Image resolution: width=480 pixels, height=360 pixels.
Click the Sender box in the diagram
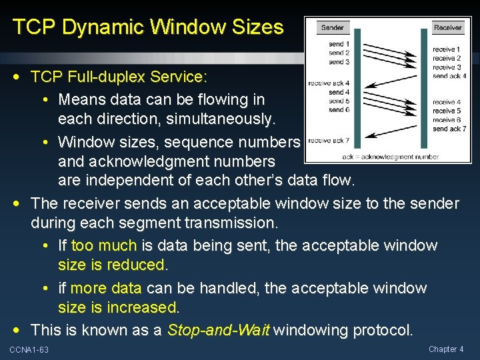pyautogui.click(x=332, y=27)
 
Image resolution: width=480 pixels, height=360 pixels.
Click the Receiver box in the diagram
pyautogui.click(x=447, y=27)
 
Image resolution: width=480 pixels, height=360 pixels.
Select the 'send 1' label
pyautogui.click(x=337, y=45)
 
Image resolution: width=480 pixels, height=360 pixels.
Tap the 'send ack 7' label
pyautogui.click(x=449, y=129)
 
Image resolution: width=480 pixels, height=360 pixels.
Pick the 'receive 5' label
pyautogui.click(x=447, y=111)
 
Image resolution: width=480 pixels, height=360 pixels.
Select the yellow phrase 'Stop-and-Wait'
pyautogui.click(x=219, y=330)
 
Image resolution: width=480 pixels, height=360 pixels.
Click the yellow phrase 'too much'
pyautogui.click(x=103, y=245)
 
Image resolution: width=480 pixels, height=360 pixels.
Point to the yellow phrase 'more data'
pyautogui.click(x=106, y=288)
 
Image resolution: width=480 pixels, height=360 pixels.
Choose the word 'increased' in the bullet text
pyautogui.click(x=144, y=307)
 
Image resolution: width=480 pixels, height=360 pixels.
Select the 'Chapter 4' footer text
pyautogui.click(x=446, y=349)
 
